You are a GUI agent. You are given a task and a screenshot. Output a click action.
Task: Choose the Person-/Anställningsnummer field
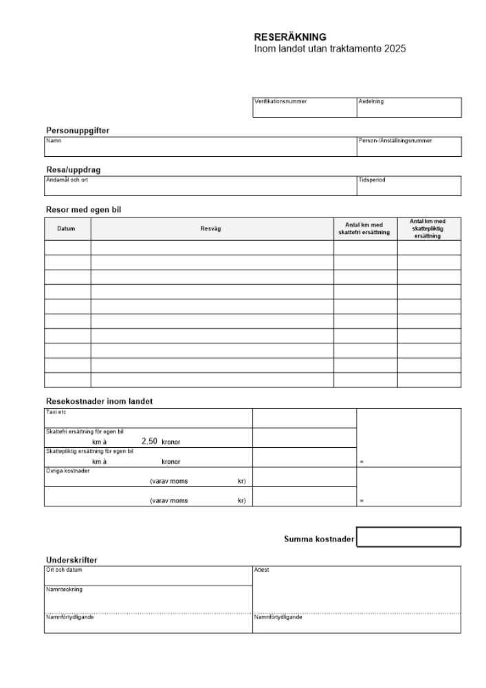tap(408, 149)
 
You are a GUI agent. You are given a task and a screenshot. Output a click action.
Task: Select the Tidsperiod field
tap(408, 188)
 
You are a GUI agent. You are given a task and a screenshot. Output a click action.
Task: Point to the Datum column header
tap(67, 228)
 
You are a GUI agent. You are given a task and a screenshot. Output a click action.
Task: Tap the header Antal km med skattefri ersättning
tap(365, 228)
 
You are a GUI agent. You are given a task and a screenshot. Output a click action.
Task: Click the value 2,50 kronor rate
tap(149, 442)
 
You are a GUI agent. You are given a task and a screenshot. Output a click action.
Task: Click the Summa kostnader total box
tap(408, 537)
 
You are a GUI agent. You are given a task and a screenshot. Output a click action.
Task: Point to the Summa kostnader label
tap(318, 539)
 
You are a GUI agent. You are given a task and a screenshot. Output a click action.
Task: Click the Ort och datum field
tap(148, 577)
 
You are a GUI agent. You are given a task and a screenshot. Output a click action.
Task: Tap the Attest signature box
tap(357, 590)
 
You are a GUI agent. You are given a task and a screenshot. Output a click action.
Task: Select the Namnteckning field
tap(148, 599)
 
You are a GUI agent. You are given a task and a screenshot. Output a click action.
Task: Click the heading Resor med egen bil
tap(83, 209)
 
